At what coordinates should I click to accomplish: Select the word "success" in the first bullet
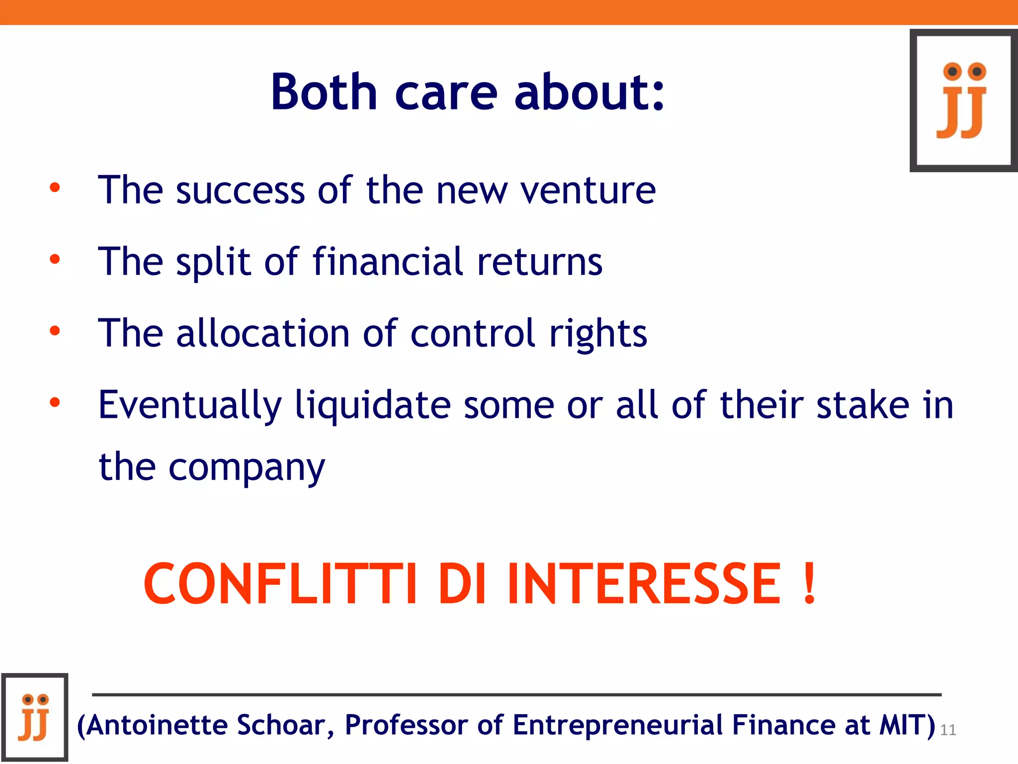click(x=240, y=191)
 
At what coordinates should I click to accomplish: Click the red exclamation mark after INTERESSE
click(x=810, y=583)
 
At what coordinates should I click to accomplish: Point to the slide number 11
click(x=948, y=730)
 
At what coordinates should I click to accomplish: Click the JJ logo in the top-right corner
click(x=963, y=100)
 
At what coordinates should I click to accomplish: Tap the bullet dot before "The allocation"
click(x=55, y=331)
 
